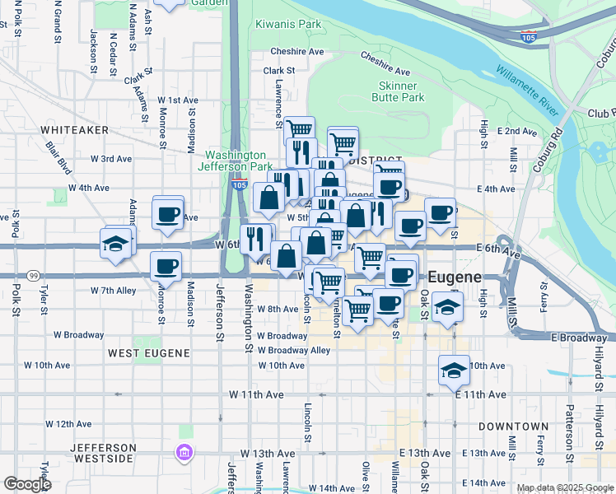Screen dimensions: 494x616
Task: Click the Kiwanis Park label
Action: pyautogui.click(x=287, y=25)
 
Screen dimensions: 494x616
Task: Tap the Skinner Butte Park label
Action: pyautogui.click(x=402, y=91)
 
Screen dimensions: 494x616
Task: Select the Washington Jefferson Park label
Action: pyautogui.click(x=236, y=161)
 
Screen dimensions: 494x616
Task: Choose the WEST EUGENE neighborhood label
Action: pyautogui.click(x=148, y=352)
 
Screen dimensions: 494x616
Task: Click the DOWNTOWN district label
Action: pyautogui.click(x=513, y=426)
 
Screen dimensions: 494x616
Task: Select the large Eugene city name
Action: pyautogui.click(x=454, y=277)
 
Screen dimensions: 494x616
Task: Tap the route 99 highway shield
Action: pyautogui.click(x=34, y=275)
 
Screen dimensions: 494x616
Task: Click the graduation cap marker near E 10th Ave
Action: pyautogui.click(x=453, y=371)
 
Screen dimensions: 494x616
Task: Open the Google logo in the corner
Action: pyautogui.click(x=26, y=484)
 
